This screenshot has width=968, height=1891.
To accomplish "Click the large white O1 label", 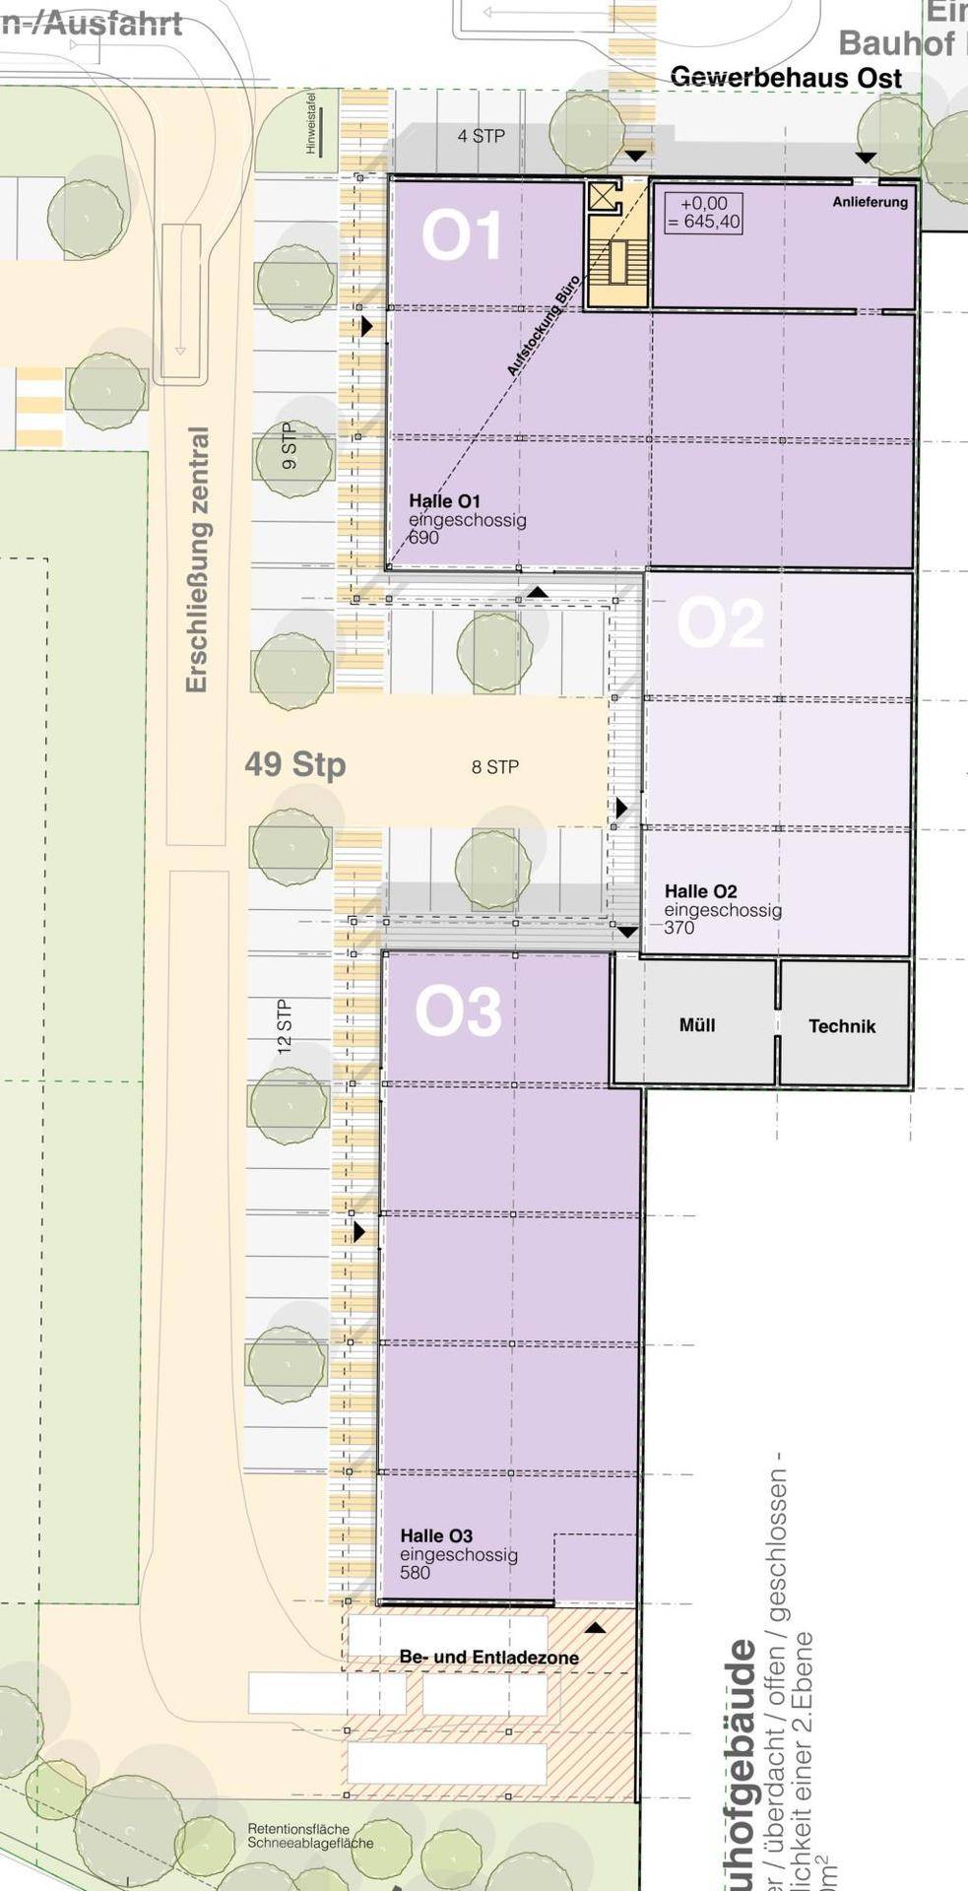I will point(461,236).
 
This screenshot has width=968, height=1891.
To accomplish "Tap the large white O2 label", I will point(720,623).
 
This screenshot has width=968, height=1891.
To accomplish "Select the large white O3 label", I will point(458,1011).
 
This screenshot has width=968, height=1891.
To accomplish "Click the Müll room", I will point(696,1025).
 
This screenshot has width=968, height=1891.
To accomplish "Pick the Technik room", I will point(842,1026).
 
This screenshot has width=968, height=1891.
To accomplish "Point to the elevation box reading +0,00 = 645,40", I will point(703,213).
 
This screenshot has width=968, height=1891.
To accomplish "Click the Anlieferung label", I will point(870,202).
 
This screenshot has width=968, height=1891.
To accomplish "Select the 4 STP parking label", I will point(481,136).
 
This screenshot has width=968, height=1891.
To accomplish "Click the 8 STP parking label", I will point(494,767).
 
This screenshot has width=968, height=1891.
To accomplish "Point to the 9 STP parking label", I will point(289,445).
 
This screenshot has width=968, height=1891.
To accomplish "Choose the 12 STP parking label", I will point(285,1027).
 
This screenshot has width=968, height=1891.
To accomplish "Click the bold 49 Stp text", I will point(295,763).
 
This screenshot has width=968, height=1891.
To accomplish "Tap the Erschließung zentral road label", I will point(197,559).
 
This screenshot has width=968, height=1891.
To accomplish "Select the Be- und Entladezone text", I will point(488,1658).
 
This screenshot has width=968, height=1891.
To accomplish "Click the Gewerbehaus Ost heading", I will point(786,77).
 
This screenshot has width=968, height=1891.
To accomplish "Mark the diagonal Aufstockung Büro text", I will point(543,325).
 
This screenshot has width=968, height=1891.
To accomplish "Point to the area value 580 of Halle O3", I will point(415,1573).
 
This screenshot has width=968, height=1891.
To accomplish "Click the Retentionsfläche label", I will point(298,1829).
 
